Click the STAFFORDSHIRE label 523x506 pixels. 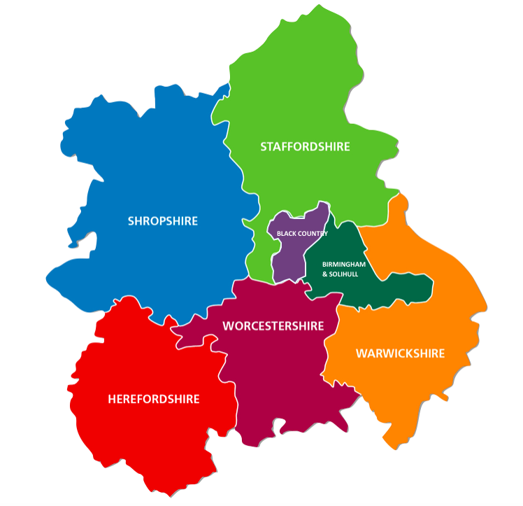(x=305, y=147)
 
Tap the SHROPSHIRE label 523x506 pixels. (x=162, y=221)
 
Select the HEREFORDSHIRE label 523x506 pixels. (x=154, y=399)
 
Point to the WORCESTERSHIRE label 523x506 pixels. (x=273, y=326)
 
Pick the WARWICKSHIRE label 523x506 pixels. (x=400, y=353)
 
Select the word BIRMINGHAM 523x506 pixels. (x=344, y=265)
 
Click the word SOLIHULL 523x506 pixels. (x=345, y=274)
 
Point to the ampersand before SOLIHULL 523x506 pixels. (x=324, y=274)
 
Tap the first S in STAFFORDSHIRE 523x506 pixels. (x=264, y=147)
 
